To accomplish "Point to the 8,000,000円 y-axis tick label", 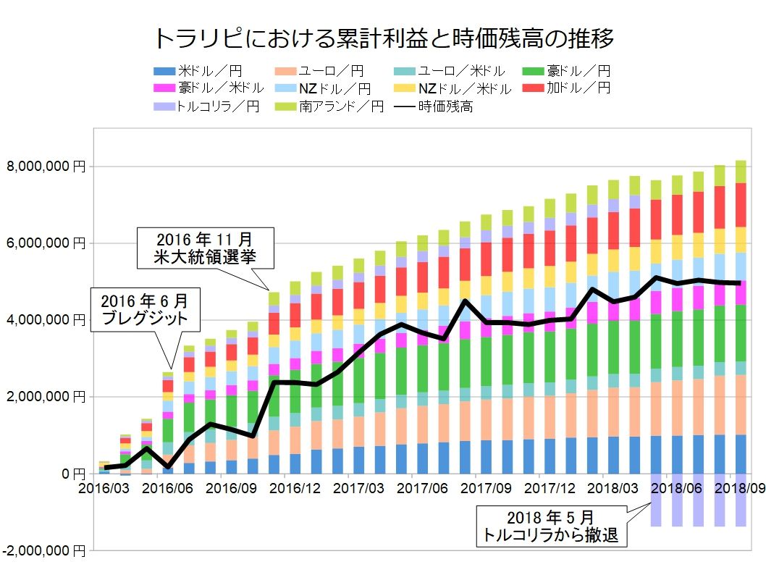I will pyautogui.click(x=46, y=167).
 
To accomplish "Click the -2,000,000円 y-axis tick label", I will pyautogui.click(x=43, y=551).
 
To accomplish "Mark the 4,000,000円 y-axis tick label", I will pyautogui.click(x=46, y=320).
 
